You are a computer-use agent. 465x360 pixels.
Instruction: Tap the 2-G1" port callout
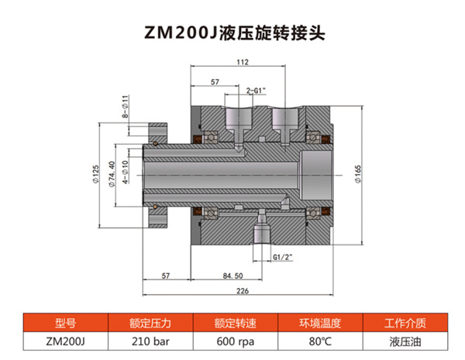tap(257, 90)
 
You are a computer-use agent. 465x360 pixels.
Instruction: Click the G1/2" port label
tap(282, 255)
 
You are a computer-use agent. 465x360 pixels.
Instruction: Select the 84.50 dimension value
tap(232, 276)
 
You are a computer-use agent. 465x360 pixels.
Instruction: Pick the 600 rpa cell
tap(232, 340)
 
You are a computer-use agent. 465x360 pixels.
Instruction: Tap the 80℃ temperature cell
tap(319, 340)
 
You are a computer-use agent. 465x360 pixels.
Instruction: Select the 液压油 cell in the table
tap(405, 340)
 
